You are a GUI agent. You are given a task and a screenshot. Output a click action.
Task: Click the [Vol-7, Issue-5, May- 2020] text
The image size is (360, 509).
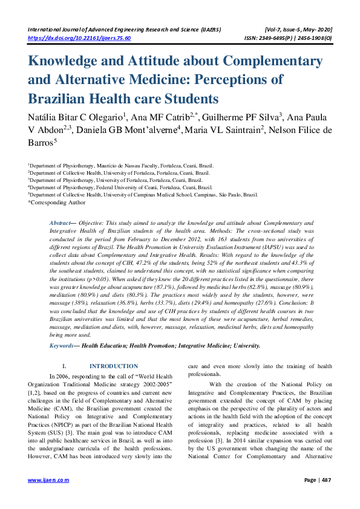298,29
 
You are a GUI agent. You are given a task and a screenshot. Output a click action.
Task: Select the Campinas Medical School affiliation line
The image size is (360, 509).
143,195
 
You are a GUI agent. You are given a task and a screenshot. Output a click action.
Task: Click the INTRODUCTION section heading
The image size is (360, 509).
113,366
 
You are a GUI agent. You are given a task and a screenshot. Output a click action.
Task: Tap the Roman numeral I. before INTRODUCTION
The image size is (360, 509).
65,366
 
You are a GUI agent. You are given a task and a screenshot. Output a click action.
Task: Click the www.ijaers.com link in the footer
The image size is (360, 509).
49,480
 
